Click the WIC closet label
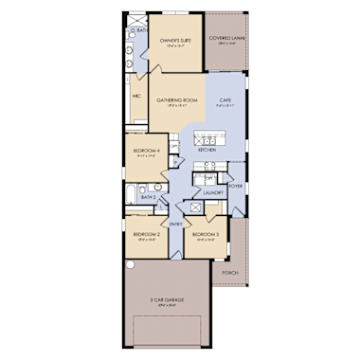pyautogui.click(x=136, y=95)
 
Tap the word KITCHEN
pyautogui.click(x=207, y=151)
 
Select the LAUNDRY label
pyautogui.click(x=212, y=192)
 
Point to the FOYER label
pyautogui.click(x=235, y=187)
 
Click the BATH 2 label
pyautogui.click(x=148, y=198)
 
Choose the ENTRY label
pyautogui.click(x=176, y=224)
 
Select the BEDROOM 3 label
pyautogui.click(x=205, y=233)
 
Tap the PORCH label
pyautogui.click(x=228, y=272)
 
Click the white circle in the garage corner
pyautogui.click(x=132, y=268)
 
